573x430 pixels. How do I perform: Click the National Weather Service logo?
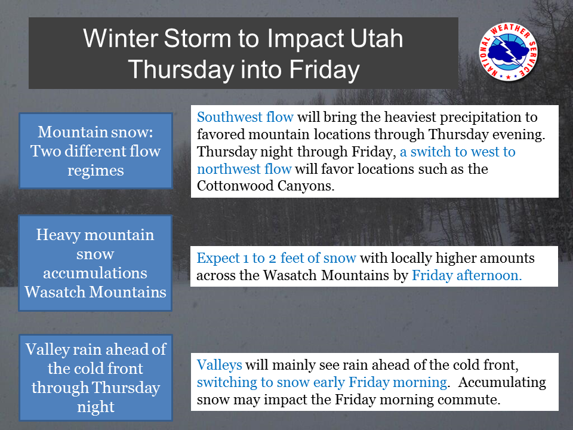tap(509, 52)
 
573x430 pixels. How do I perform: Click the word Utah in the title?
tap(377, 38)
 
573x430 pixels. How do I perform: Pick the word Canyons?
tap(306, 186)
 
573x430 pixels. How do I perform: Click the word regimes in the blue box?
tap(95, 171)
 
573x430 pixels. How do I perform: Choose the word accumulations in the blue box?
tap(95, 273)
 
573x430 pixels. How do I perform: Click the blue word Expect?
tap(218, 258)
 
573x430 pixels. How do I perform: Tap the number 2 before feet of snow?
tap(272, 259)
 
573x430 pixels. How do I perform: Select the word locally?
tap(412, 258)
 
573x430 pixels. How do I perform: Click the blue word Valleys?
tap(219, 365)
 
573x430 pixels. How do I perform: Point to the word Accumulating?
tap(502, 382)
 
